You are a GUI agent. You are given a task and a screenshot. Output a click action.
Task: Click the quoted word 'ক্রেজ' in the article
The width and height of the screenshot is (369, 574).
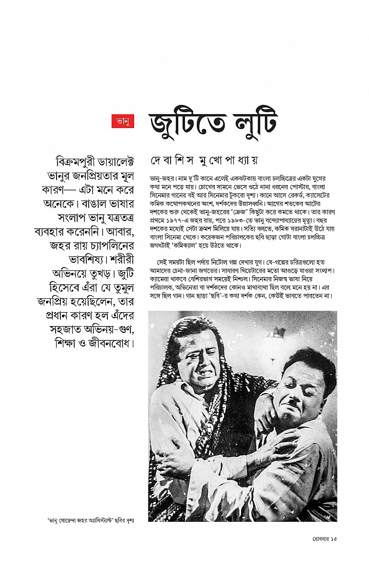[242, 211]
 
